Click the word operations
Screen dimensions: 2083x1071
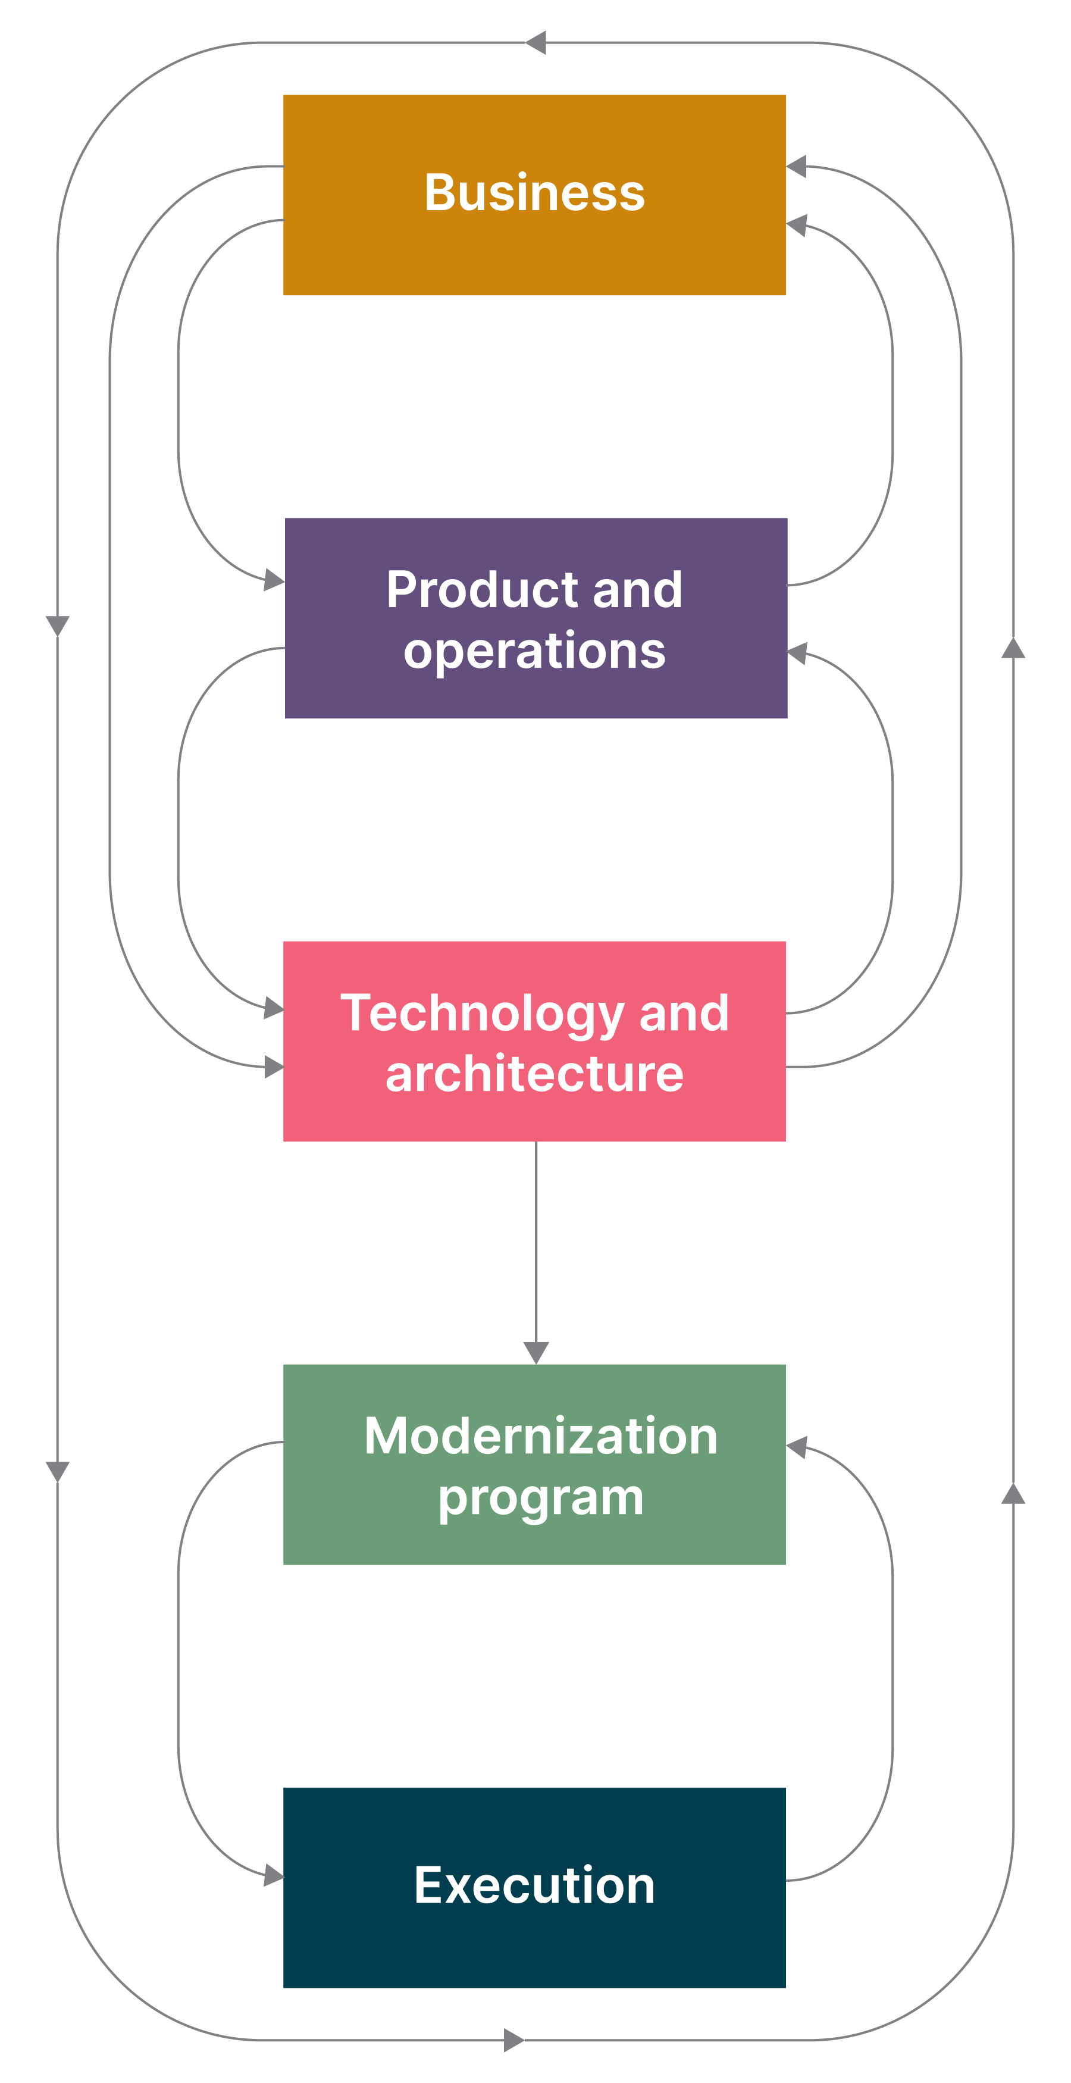(x=534, y=652)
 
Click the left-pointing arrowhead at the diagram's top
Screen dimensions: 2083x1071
(x=535, y=43)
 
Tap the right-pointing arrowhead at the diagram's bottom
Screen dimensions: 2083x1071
(x=514, y=2040)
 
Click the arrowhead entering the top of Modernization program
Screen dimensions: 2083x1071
(x=536, y=1352)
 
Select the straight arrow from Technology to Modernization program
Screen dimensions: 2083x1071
(x=536, y=1245)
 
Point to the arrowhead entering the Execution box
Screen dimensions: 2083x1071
(x=274, y=1875)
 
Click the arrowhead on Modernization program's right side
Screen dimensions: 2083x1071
(x=797, y=1447)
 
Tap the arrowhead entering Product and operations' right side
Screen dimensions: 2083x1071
(x=797, y=653)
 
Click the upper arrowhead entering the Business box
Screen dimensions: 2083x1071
(x=797, y=167)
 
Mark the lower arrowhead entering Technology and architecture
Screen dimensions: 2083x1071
(x=274, y=1066)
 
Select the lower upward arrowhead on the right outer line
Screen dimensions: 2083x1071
(x=1013, y=1494)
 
